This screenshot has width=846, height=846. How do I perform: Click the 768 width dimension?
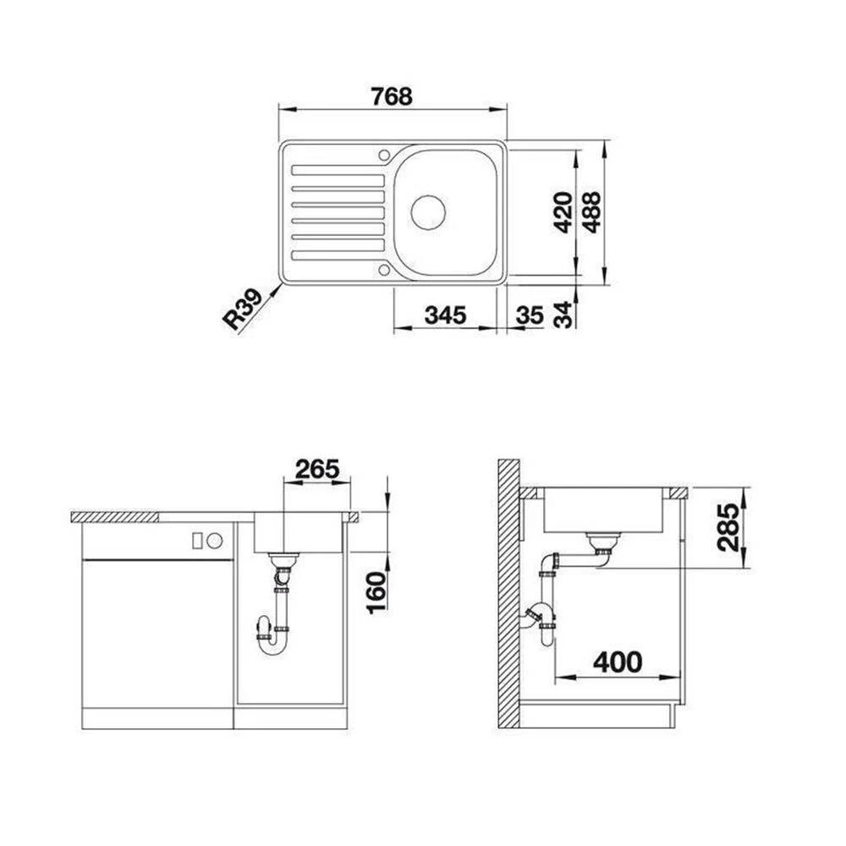392,96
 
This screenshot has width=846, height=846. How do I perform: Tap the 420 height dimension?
563,212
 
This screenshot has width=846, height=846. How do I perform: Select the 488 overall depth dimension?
591,212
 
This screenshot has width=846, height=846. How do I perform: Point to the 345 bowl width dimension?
445,315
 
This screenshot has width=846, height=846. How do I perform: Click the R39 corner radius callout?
243,309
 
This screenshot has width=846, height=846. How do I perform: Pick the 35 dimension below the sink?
530,315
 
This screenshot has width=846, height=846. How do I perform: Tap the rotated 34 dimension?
563,315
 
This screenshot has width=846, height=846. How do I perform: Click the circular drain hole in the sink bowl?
428,212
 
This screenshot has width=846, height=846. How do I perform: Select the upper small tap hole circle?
384,156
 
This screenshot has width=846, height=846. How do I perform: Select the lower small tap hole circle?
384,269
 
